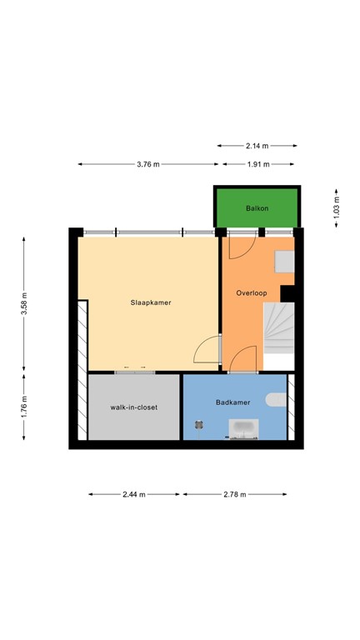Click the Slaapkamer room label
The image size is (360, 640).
151,302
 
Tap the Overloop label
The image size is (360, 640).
250,293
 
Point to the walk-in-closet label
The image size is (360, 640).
134,407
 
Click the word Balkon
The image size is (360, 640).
257,207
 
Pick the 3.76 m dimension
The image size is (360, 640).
149,164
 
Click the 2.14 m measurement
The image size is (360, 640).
257,146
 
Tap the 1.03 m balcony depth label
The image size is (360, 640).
337,206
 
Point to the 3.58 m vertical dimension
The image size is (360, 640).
25,304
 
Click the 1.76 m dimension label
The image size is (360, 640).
25,406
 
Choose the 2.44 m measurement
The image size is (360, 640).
133,494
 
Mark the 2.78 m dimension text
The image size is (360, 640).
235,494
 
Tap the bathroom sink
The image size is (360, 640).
245,429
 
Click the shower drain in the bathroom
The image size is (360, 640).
198,423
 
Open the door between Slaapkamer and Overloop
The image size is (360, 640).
209,351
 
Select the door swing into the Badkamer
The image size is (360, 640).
243,360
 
